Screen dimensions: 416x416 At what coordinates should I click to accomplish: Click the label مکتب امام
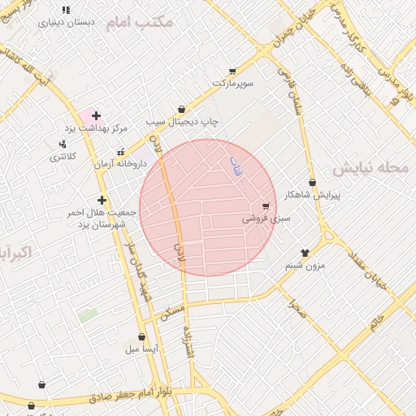139,22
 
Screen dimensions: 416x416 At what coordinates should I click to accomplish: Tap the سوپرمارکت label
233,84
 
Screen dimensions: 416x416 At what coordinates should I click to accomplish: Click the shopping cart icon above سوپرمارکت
233,71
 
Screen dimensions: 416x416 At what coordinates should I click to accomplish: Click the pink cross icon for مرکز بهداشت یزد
96,116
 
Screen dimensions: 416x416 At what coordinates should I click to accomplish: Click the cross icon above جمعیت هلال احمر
102,200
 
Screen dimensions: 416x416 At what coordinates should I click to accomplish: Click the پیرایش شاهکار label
314,195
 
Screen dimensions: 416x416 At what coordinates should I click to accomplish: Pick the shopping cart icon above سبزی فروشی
266,206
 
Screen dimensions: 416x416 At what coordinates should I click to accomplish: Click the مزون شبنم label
305,265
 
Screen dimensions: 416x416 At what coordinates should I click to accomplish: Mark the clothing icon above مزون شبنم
305,253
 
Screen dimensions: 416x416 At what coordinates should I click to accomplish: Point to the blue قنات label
236,167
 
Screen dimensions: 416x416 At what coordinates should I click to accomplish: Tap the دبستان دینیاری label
66,23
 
